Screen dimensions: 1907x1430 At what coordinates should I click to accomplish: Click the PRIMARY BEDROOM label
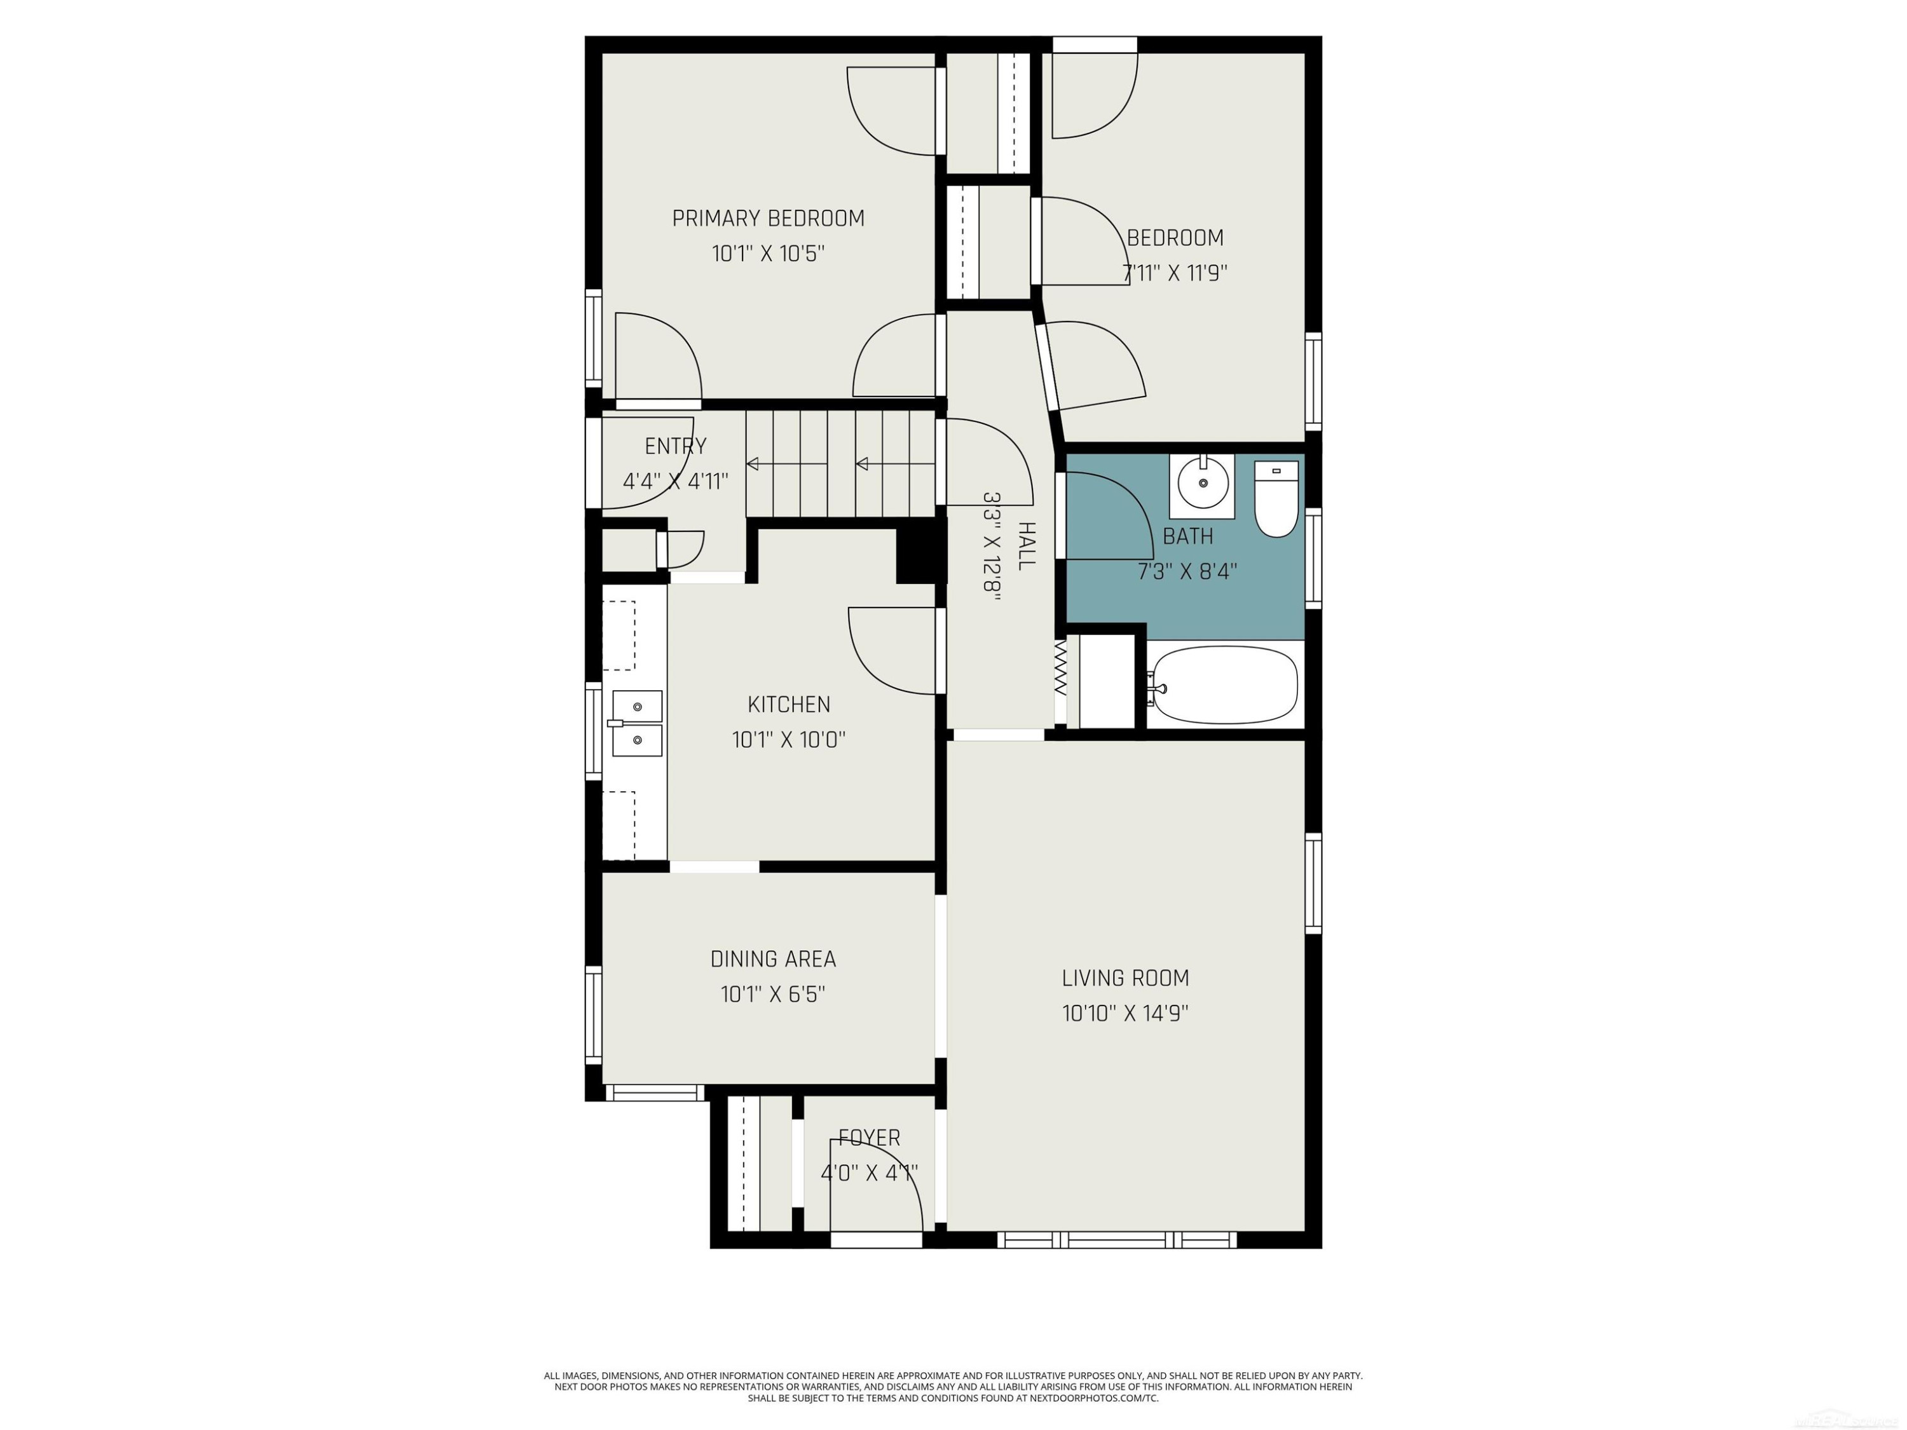[768, 219]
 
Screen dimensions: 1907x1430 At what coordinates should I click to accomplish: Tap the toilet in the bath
[1276, 499]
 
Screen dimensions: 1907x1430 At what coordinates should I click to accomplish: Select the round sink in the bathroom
[1203, 486]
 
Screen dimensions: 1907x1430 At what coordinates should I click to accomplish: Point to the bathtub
[1224, 685]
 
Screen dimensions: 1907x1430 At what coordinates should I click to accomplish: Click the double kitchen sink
[636, 723]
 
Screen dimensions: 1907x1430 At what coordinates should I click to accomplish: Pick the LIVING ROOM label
[1125, 978]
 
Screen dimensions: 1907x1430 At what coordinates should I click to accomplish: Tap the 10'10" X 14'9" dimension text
[1125, 1014]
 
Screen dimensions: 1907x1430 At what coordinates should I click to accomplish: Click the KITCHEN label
[789, 705]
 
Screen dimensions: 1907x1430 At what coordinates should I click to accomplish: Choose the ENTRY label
[676, 447]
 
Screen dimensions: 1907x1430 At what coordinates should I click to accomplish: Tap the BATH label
[1188, 536]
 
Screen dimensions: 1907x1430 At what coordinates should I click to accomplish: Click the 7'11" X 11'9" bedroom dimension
[1174, 273]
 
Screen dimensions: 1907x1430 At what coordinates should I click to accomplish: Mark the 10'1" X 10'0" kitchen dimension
[789, 740]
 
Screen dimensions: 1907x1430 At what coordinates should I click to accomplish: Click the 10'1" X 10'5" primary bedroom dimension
[768, 254]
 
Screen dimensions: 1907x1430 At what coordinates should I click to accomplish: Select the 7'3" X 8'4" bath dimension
[1188, 571]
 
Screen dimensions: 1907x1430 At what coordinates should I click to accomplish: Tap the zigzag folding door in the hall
[1060, 668]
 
